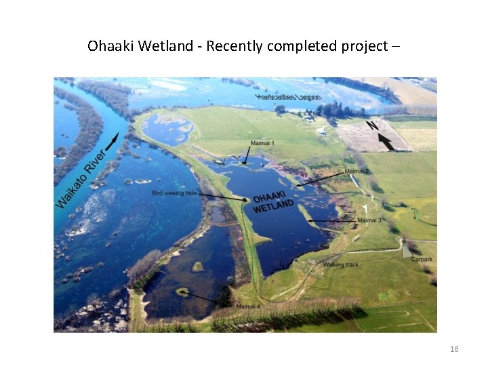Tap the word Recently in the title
click(238, 46)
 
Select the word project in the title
click(363, 46)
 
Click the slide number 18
click(454, 349)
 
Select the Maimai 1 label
click(262, 144)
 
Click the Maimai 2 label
click(357, 171)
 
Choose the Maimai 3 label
click(370, 220)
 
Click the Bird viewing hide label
click(174, 193)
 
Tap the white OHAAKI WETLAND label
click(273, 203)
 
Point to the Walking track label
click(341, 264)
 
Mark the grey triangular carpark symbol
click(405, 251)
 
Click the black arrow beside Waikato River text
click(113, 140)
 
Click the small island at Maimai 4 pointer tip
click(182, 292)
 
